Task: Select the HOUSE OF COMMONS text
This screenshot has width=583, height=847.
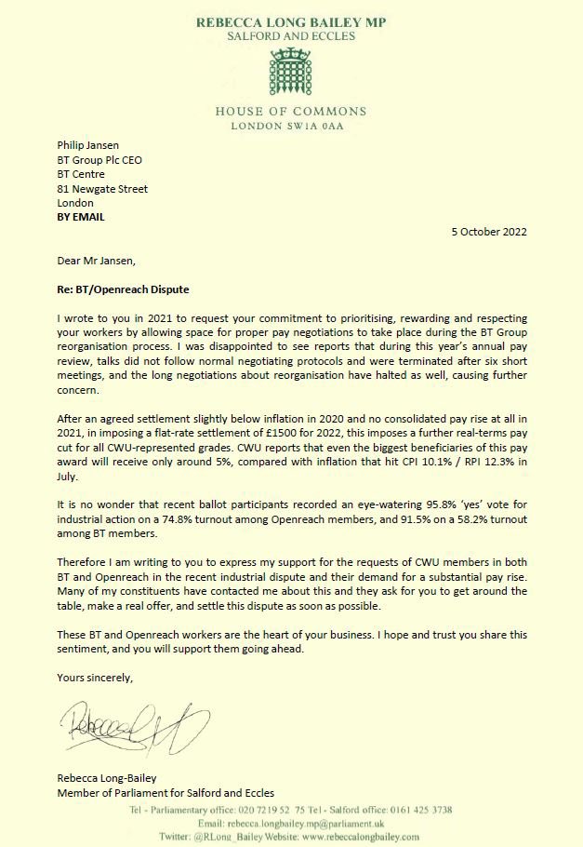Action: click(291, 111)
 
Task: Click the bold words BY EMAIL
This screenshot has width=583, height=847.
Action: click(81, 217)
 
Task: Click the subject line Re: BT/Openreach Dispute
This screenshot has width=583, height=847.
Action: click(126, 291)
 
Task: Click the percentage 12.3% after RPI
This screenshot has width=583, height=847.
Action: click(496, 461)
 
